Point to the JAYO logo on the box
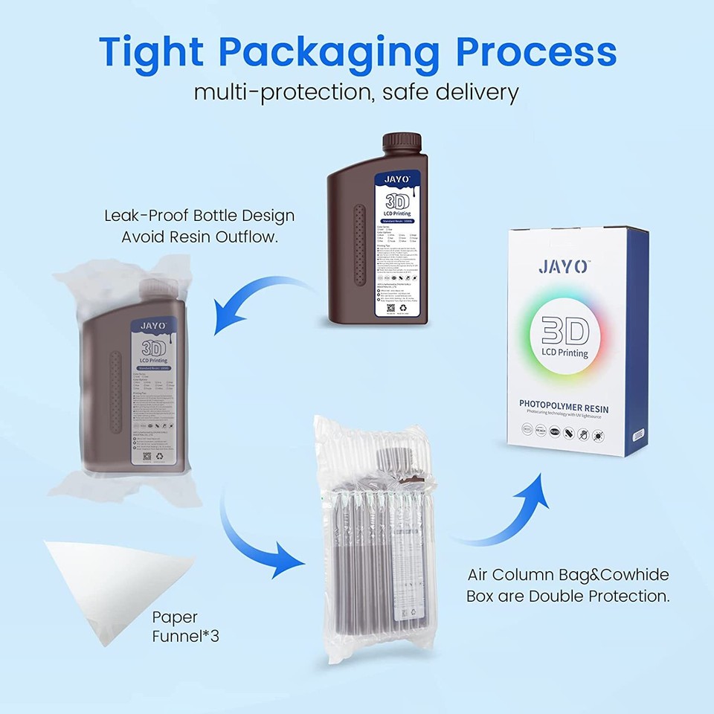563,266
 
